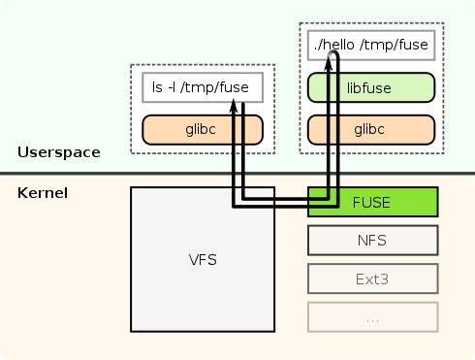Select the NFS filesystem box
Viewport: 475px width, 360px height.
pos(373,240)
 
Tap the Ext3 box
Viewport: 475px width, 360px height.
pos(373,278)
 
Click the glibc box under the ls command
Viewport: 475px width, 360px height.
pos(202,129)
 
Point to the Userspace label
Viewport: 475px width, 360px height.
pos(58,152)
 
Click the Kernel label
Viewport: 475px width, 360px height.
pos(43,193)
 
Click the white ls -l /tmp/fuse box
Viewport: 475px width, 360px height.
pos(202,88)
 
